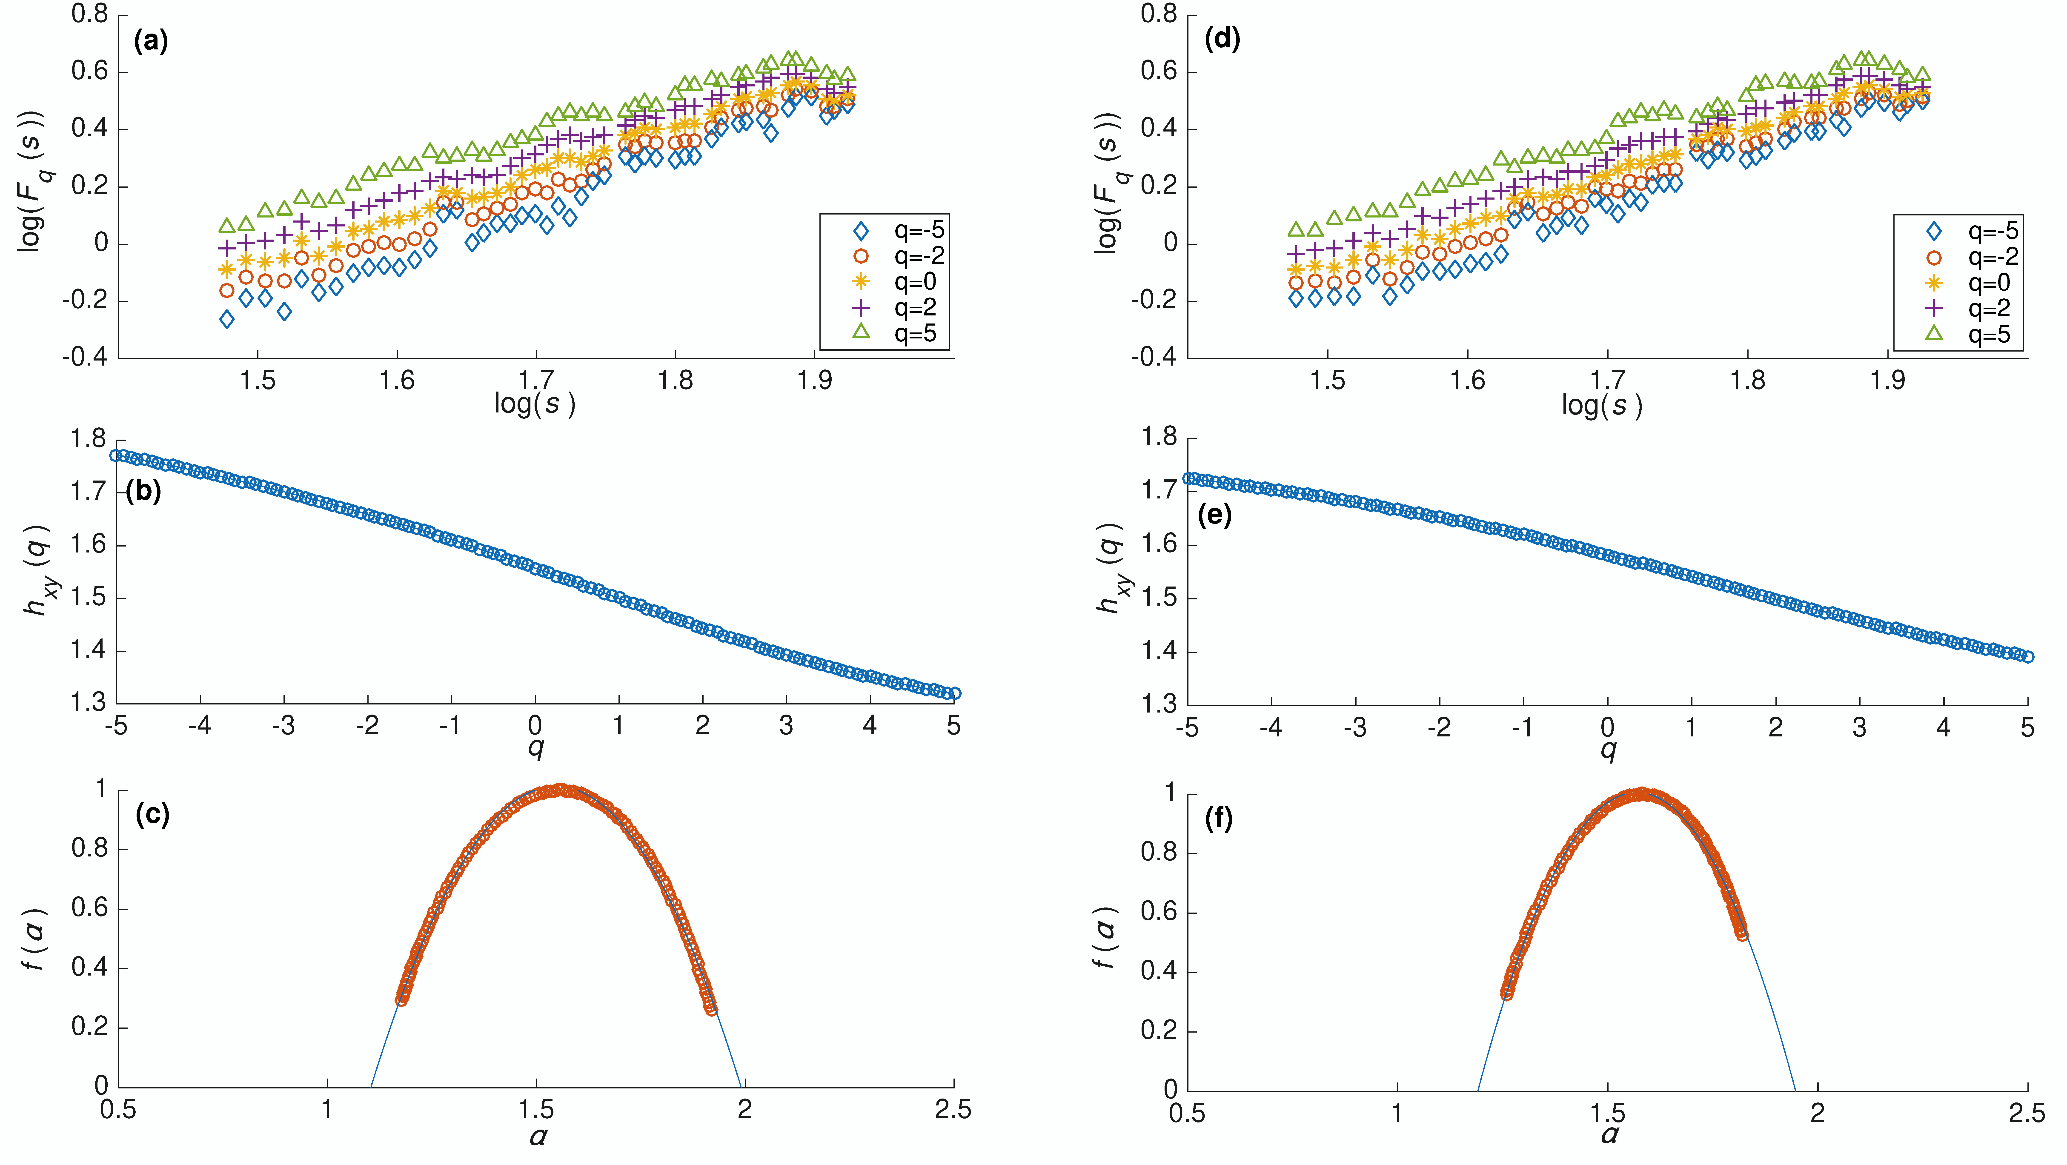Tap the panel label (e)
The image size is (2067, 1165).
(x=1214, y=515)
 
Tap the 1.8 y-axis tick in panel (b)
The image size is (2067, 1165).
(x=88, y=439)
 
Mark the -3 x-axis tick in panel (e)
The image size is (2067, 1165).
(x=1355, y=728)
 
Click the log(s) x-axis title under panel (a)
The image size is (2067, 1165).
(x=534, y=404)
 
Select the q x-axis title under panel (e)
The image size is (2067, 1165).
(x=1607, y=750)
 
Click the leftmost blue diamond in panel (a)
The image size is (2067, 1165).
(x=227, y=319)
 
